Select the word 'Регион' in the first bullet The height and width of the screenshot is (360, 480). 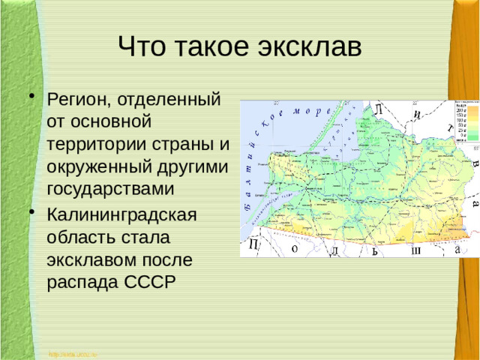pos(84,98)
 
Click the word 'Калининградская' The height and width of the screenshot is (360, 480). pos(121,215)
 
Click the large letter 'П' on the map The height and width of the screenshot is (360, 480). pos(254,245)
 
